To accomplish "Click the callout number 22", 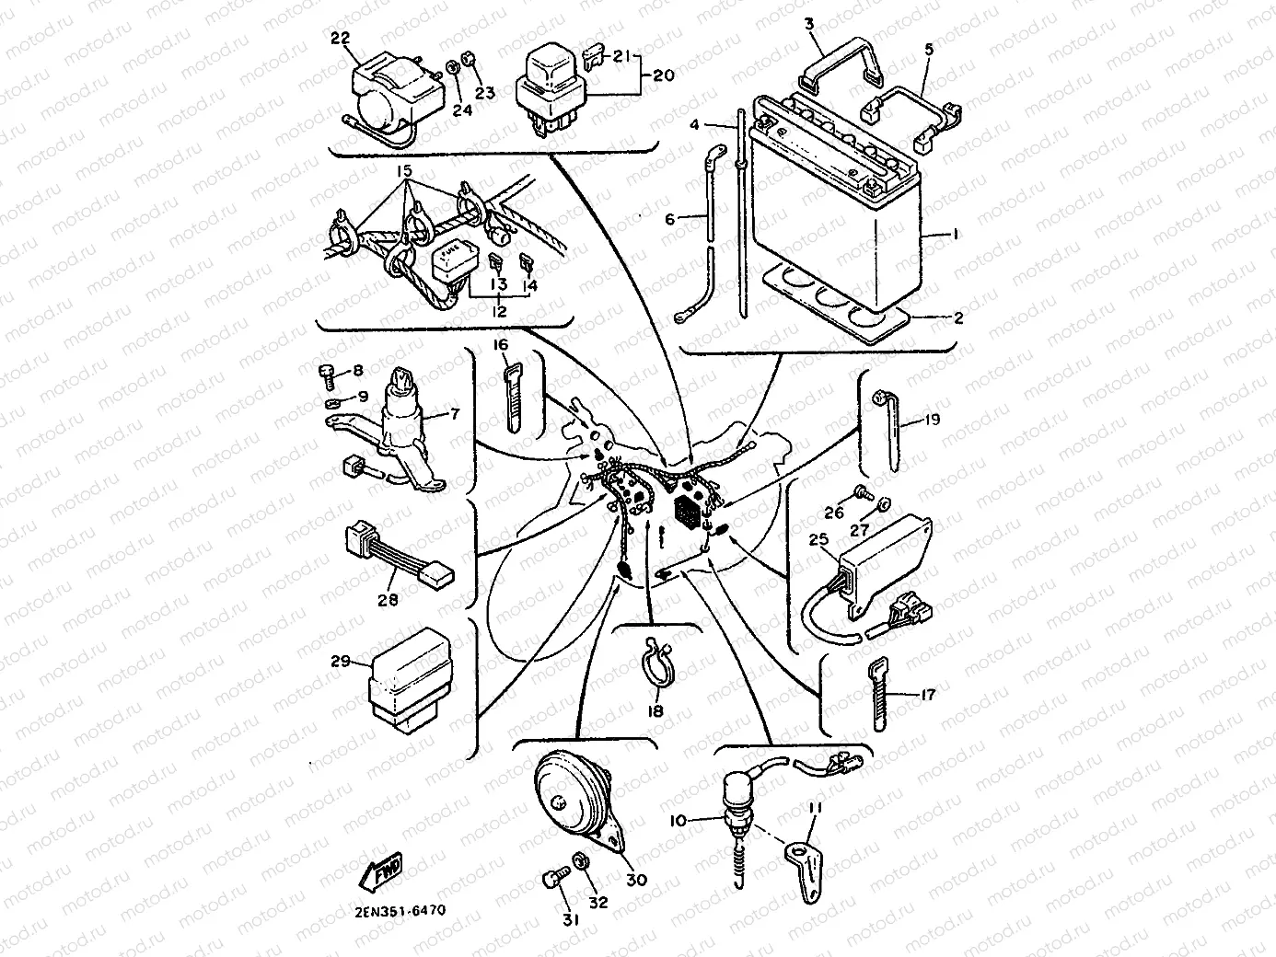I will [341, 37].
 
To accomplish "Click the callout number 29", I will [341, 661].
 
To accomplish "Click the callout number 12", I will [499, 312].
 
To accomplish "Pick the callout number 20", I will [663, 75].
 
